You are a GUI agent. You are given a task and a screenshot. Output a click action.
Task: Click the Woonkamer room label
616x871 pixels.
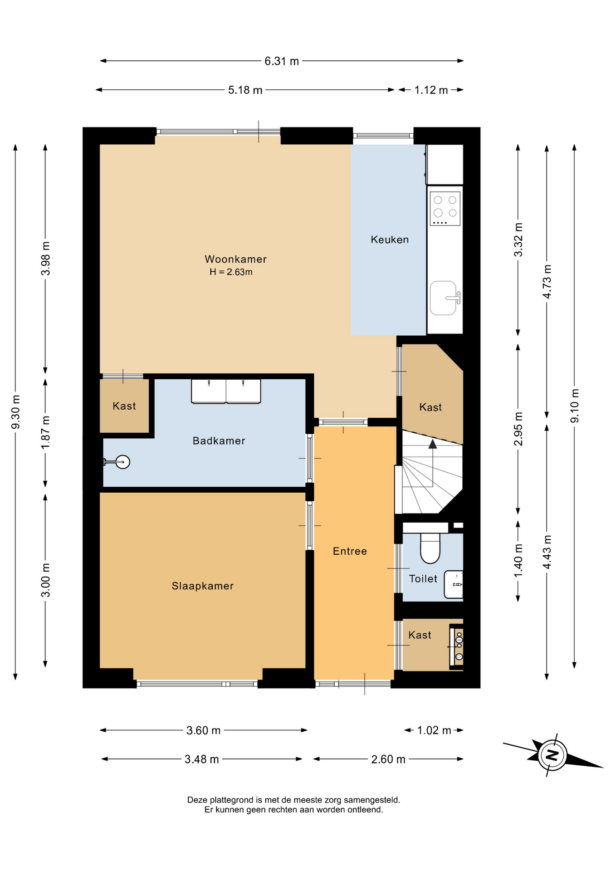[x=235, y=259]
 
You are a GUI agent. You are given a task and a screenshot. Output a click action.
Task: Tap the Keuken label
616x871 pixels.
[x=390, y=240]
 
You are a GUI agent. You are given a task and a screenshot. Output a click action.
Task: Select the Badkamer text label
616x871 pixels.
[x=219, y=440]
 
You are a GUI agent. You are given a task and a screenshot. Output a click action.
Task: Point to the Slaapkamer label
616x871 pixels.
[x=202, y=586]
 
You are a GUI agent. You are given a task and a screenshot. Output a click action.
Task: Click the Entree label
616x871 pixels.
[x=350, y=551]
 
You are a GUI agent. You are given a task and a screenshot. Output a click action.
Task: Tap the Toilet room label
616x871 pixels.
[x=423, y=578]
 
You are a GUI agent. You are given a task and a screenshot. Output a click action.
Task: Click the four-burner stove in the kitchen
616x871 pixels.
[x=445, y=209]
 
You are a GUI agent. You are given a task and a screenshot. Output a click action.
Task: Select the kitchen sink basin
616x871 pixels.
[x=443, y=298]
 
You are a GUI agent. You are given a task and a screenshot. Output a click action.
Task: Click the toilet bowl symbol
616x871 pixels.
[x=430, y=548]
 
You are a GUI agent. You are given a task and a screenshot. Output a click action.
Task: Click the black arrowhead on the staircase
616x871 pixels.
[x=433, y=444]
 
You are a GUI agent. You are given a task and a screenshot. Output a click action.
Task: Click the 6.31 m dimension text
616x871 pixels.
[x=282, y=61]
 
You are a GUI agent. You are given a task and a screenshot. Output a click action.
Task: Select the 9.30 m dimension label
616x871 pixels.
[x=16, y=412]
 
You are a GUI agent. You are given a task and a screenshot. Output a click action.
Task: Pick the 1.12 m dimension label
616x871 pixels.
[x=431, y=90]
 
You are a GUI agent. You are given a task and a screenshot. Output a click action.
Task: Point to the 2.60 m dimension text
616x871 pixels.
[x=388, y=759]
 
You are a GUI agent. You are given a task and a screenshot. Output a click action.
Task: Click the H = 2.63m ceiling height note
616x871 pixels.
[x=231, y=272]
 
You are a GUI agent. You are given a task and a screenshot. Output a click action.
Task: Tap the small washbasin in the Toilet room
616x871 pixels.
[x=454, y=584]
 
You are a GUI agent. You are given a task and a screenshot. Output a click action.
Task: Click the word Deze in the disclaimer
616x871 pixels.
[x=197, y=800]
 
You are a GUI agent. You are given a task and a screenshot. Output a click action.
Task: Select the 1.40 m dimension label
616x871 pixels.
[x=518, y=561]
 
